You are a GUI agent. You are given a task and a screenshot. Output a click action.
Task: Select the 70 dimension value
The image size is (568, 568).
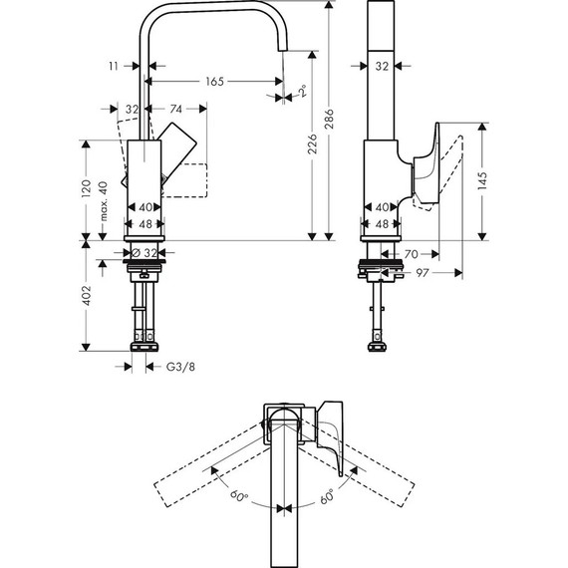[412, 253]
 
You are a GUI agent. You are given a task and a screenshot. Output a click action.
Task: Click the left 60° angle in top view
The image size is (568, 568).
[237, 494]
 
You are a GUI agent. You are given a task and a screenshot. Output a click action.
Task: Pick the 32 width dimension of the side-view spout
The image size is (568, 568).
[382, 66]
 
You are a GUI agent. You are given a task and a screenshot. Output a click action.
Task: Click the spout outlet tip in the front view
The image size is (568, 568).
[284, 51]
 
